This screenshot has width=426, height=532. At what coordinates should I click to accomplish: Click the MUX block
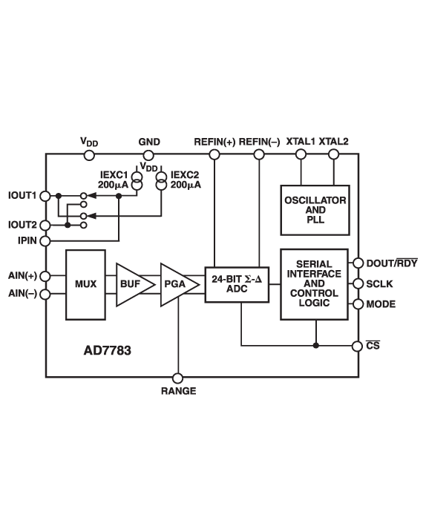pyautogui.click(x=86, y=284)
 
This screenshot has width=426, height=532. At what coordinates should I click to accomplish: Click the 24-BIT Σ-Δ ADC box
pyautogui.click(x=235, y=284)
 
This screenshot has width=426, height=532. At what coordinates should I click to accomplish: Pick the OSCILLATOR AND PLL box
pyautogui.click(x=315, y=210)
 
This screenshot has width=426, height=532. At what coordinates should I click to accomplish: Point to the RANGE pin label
pyautogui.click(x=178, y=391)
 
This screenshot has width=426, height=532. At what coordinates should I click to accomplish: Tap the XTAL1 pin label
pyautogui.click(x=301, y=141)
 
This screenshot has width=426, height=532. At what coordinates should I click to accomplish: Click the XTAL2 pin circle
pyautogui.click(x=333, y=154)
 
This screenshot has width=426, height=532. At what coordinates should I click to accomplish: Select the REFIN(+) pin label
pyautogui.click(x=214, y=141)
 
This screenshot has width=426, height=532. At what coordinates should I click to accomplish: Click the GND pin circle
pyautogui.click(x=148, y=154)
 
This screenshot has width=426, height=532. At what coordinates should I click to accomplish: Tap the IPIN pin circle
pyautogui.click(x=46, y=240)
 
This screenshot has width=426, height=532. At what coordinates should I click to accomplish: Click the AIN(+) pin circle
pyautogui.click(x=46, y=275)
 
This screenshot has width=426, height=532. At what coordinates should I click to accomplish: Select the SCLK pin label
pyautogui.click(x=379, y=284)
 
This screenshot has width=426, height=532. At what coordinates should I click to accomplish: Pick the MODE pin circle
pyautogui.click(x=358, y=304)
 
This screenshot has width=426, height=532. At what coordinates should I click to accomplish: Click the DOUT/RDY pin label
pyautogui.click(x=392, y=263)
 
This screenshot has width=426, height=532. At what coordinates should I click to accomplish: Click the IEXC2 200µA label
pyautogui.click(x=186, y=180)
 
